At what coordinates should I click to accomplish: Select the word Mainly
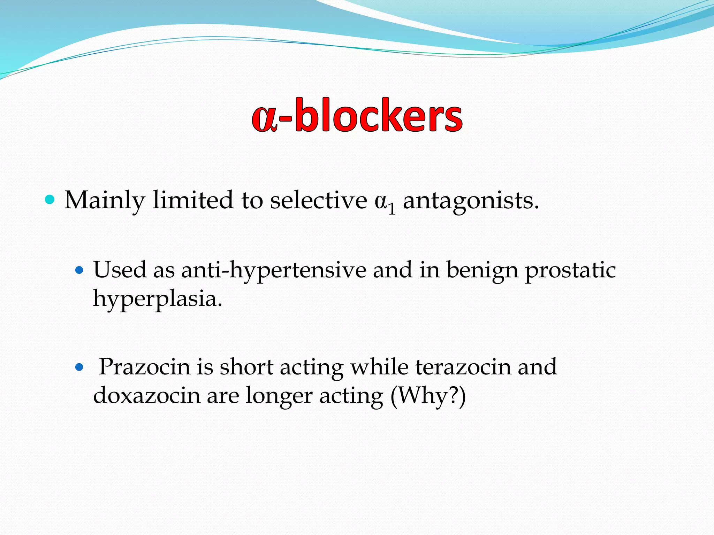(x=105, y=201)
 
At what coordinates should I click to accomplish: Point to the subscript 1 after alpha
(x=392, y=209)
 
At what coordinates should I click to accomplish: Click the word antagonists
(x=471, y=201)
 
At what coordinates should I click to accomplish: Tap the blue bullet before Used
(x=80, y=270)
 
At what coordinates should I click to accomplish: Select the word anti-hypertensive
(x=274, y=270)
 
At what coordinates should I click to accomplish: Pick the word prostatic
(x=570, y=270)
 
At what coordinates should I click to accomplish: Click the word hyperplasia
(x=157, y=299)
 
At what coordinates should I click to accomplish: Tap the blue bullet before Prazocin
(x=80, y=367)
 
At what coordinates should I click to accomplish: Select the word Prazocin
(x=144, y=367)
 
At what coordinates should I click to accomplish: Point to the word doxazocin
(x=146, y=396)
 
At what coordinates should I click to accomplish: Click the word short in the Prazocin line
(x=246, y=367)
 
